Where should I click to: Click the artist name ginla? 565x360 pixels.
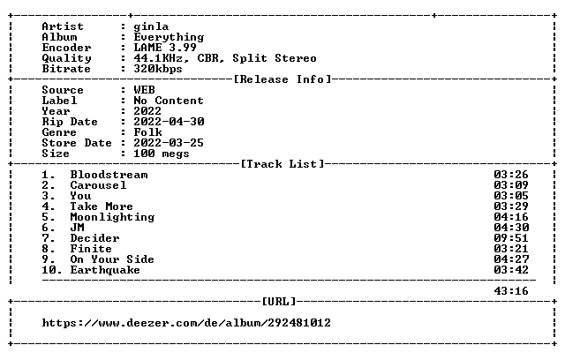pyautogui.click(x=151, y=27)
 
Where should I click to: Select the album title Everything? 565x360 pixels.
pyautogui.click(x=169, y=37)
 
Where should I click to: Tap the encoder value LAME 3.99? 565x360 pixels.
pyautogui.click(x=165, y=48)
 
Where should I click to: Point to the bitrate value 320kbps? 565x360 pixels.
pyautogui.click(x=158, y=69)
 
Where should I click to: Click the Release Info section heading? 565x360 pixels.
pyautogui.click(x=282, y=79)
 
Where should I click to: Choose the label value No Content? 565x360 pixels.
pyautogui.click(x=169, y=101)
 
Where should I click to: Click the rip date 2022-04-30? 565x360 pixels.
pyautogui.click(x=169, y=122)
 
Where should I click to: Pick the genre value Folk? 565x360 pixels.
pyautogui.click(x=147, y=132)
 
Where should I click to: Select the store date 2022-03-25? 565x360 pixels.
pyautogui.click(x=169, y=143)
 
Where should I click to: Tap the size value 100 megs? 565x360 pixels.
pyautogui.click(x=161, y=154)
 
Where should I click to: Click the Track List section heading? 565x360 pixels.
pyautogui.click(x=282, y=164)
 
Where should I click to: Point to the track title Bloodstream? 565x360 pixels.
pyautogui.click(x=109, y=175)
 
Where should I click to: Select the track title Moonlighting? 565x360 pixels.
pyautogui.click(x=112, y=217)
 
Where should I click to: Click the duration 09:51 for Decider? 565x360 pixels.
pyautogui.click(x=511, y=238)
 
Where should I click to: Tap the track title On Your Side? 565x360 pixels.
pyautogui.click(x=112, y=259)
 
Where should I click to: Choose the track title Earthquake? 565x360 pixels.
pyautogui.click(x=105, y=270)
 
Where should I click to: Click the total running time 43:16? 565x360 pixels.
pyautogui.click(x=511, y=291)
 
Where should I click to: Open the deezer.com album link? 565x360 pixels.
pyautogui.click(x=186, y=323)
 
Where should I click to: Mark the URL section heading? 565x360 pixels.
pyautogui.click(x=279, y=301)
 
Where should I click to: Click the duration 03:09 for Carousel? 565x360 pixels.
pyautogui.click(x=511, y=185)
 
